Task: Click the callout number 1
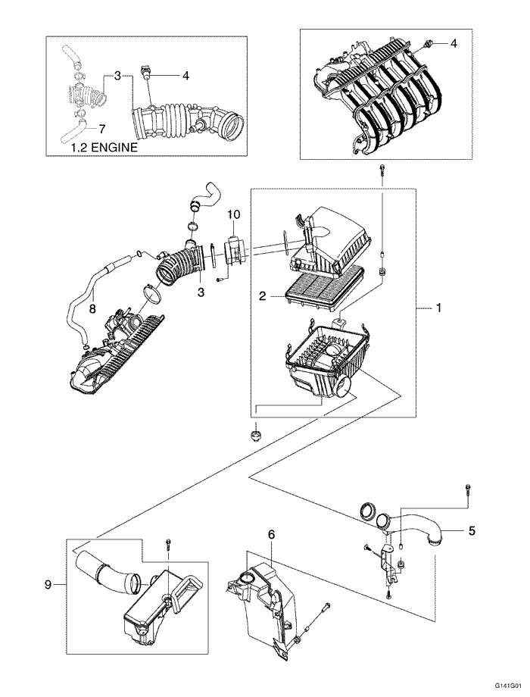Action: pyautogui.click(x=438, y=309)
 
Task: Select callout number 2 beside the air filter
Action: pyautogui.click(x=262, y=297)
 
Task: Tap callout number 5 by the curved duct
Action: pyautogui.click(x=472, y=531)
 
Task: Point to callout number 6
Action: pyautogui.click(x=270, y=534)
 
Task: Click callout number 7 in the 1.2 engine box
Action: pyautogui.click(x=102, y=129)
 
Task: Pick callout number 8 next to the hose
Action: pyautogui.click(x=92, y=308)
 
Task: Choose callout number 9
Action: pyautogui.click(x=48, y=584)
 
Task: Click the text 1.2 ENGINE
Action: pyautogui.click(x=104, y=148)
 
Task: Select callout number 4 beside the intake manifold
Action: pyautogui.click(x=454, y=44)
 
